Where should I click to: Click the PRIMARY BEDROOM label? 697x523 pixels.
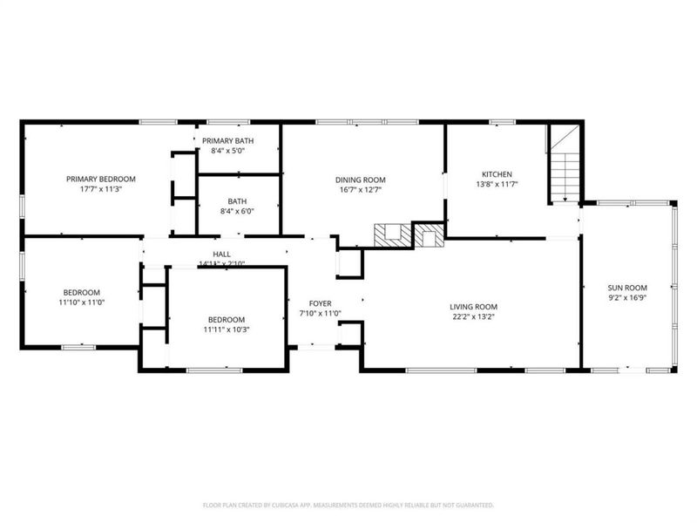click(x=101, y=179)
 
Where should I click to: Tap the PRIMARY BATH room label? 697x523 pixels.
click(x=227, y=140)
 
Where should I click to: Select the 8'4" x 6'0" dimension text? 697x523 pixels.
click(x=237, y=210)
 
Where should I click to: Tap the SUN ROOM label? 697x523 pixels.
click(x=627, y=288)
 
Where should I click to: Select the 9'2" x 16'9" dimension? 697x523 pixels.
click(x=627, y=298)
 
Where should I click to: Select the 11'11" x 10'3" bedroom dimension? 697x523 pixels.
click(x=226, y=329)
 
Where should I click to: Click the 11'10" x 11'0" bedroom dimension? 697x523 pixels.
click(x=81, y=302)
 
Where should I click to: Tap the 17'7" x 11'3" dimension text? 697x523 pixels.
click(x=101, y=189)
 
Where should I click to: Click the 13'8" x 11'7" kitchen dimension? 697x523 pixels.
click(x=497, y=184)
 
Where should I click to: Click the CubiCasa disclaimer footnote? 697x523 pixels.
click(x=348, y=505)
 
